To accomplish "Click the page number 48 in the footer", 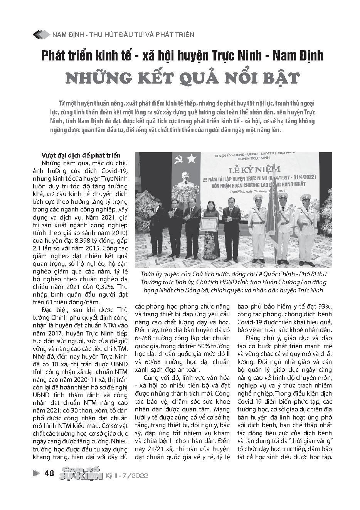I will click(x=49, y=473).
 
